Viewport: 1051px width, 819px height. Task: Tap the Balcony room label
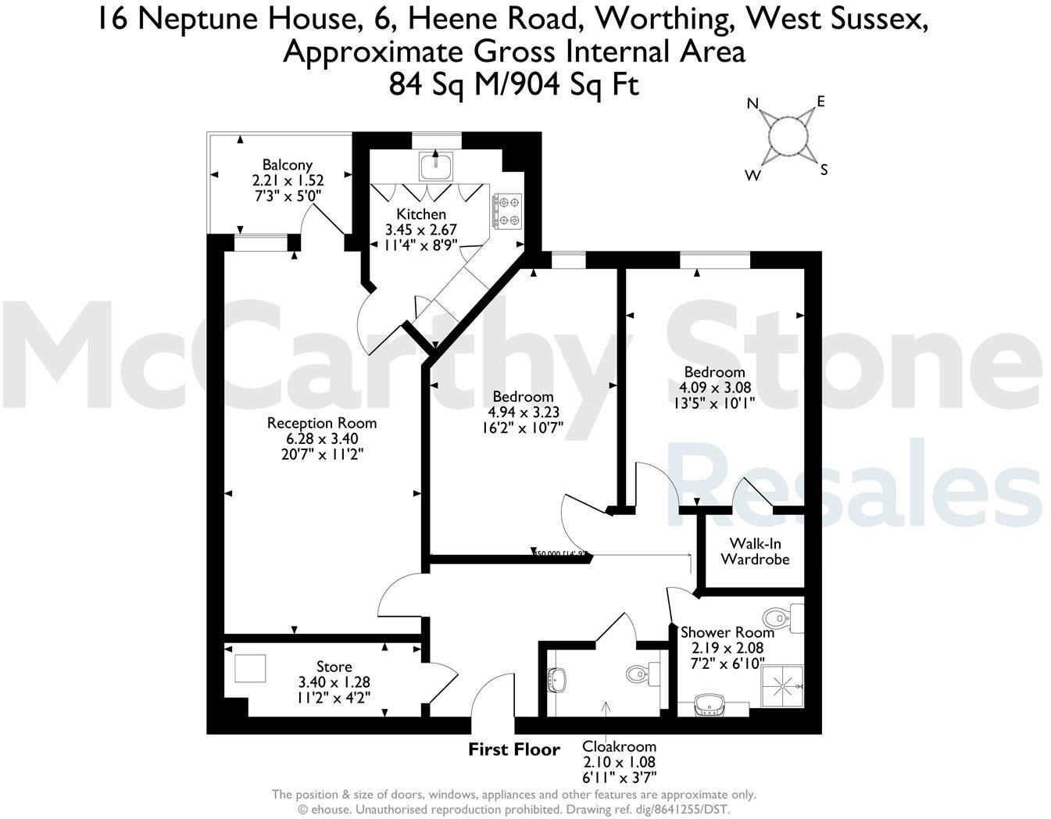pyautogui.click(x=287, y=165)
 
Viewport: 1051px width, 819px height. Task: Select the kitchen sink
pyautogui.click(x=431, y=166)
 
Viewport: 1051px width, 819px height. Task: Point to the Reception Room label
pyautogui.click(x=322, y=423)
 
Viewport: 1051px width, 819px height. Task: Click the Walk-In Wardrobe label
pyautogui.click(x=755, y=551)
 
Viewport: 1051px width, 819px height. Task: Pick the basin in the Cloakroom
pyautogui.click(x=558, y=678)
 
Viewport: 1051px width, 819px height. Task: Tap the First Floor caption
pyautogui.click(x=514, y=750)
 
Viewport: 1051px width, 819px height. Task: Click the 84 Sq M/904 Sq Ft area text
pyautogui.click(x=514, y=84)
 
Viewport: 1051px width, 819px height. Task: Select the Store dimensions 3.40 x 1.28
pyautogui.click(x=334, y=681)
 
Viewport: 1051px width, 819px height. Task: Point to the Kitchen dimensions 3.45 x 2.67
pyautogui.click(x=420, y=230)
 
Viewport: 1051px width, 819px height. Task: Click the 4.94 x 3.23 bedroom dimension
pyautogui.click(x=523, y=412)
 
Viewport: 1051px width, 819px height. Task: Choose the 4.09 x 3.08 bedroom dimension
pyautogui.click(x=714, y=388)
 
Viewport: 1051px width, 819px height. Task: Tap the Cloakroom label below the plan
pyautogui.click(x=619, y=746)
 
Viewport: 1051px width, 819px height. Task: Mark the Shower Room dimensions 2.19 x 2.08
pyautogui.click(x=727, y=648)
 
